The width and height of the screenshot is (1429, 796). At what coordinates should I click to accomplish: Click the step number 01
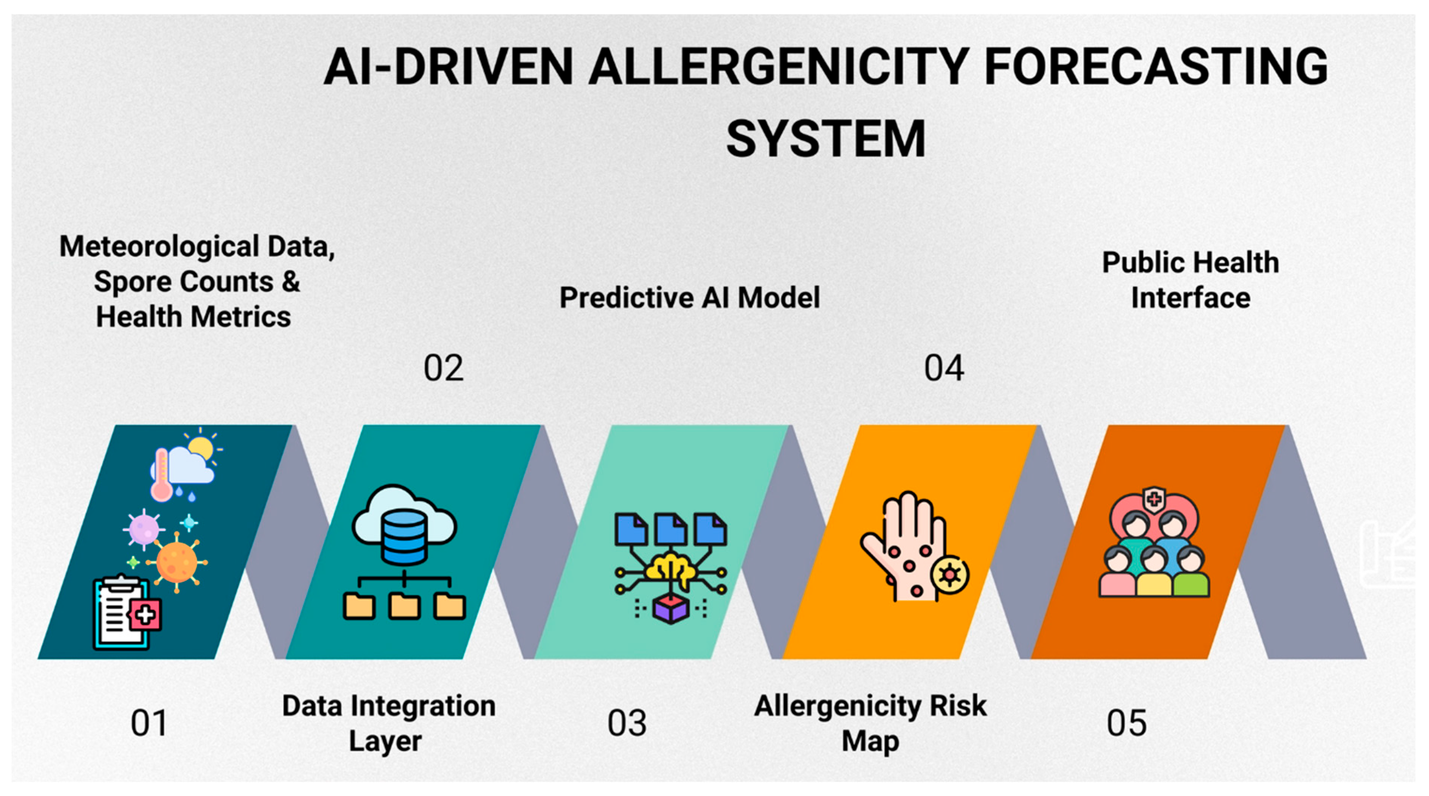pyautogui.click(x=149, y=723)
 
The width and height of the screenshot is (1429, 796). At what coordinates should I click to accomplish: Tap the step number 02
pyautogui.click(x=443, y=368)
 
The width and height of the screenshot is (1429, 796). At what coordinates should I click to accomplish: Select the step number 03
pyautogui.click(x=627, y=723)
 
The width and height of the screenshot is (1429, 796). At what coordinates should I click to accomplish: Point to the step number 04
pyautogui.click(x=944, y=368)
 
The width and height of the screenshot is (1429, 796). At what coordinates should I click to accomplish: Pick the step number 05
pyautogui.click(x=1126, y=723)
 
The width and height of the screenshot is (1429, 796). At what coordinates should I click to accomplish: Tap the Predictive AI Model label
pyautogui.click(x=689, y=297)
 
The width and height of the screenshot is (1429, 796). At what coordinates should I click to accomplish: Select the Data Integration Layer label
pyautogui.click(x=388, y=723)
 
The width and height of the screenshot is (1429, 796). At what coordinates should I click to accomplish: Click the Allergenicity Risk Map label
pyautogui.click(x=870, y=723)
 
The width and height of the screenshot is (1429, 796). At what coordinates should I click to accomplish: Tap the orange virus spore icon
pyautogui.click(x=177, y=562)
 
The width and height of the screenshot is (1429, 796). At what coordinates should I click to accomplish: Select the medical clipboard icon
pyautogui.click(x=126, y=612)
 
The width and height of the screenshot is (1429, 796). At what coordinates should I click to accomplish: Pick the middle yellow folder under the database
pyautogui.click(x=404, y=606)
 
